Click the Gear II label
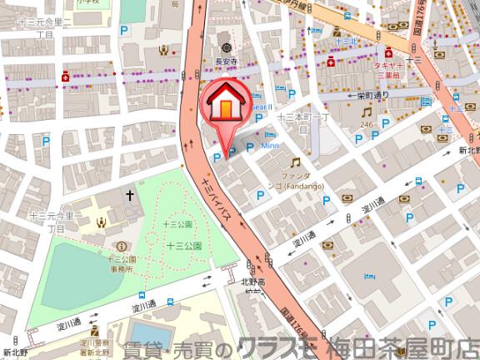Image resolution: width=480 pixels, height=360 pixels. click(x=260, y=106)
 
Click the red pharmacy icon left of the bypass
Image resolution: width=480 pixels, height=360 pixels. click(x=65, y=77)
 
